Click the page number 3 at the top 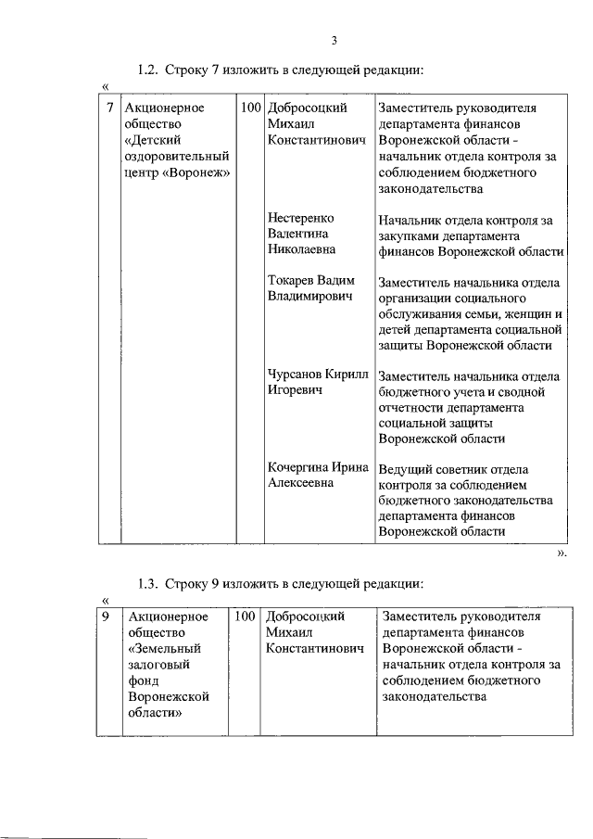(334, 39)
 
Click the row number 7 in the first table (109, 108)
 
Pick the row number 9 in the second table (107, 617)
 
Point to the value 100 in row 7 (250, 108)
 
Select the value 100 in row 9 (245, 617)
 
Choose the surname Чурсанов (297, 375)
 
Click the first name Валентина (297, 234)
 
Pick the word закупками (410, 236)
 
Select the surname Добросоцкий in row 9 (305, 617)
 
